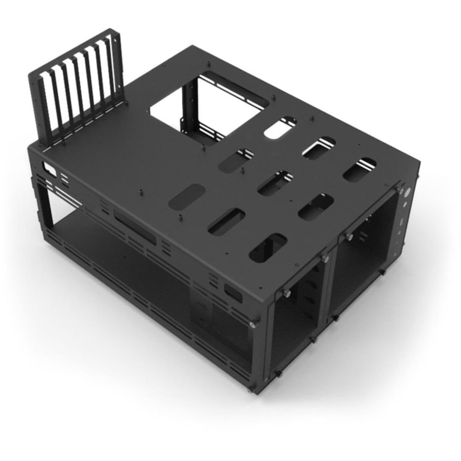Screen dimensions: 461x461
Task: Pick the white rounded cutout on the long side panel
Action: click(x=49, y=168)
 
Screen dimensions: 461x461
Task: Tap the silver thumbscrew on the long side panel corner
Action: click(x=252, y=325)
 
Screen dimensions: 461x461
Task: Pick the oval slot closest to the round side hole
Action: click(x=359, y=169)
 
